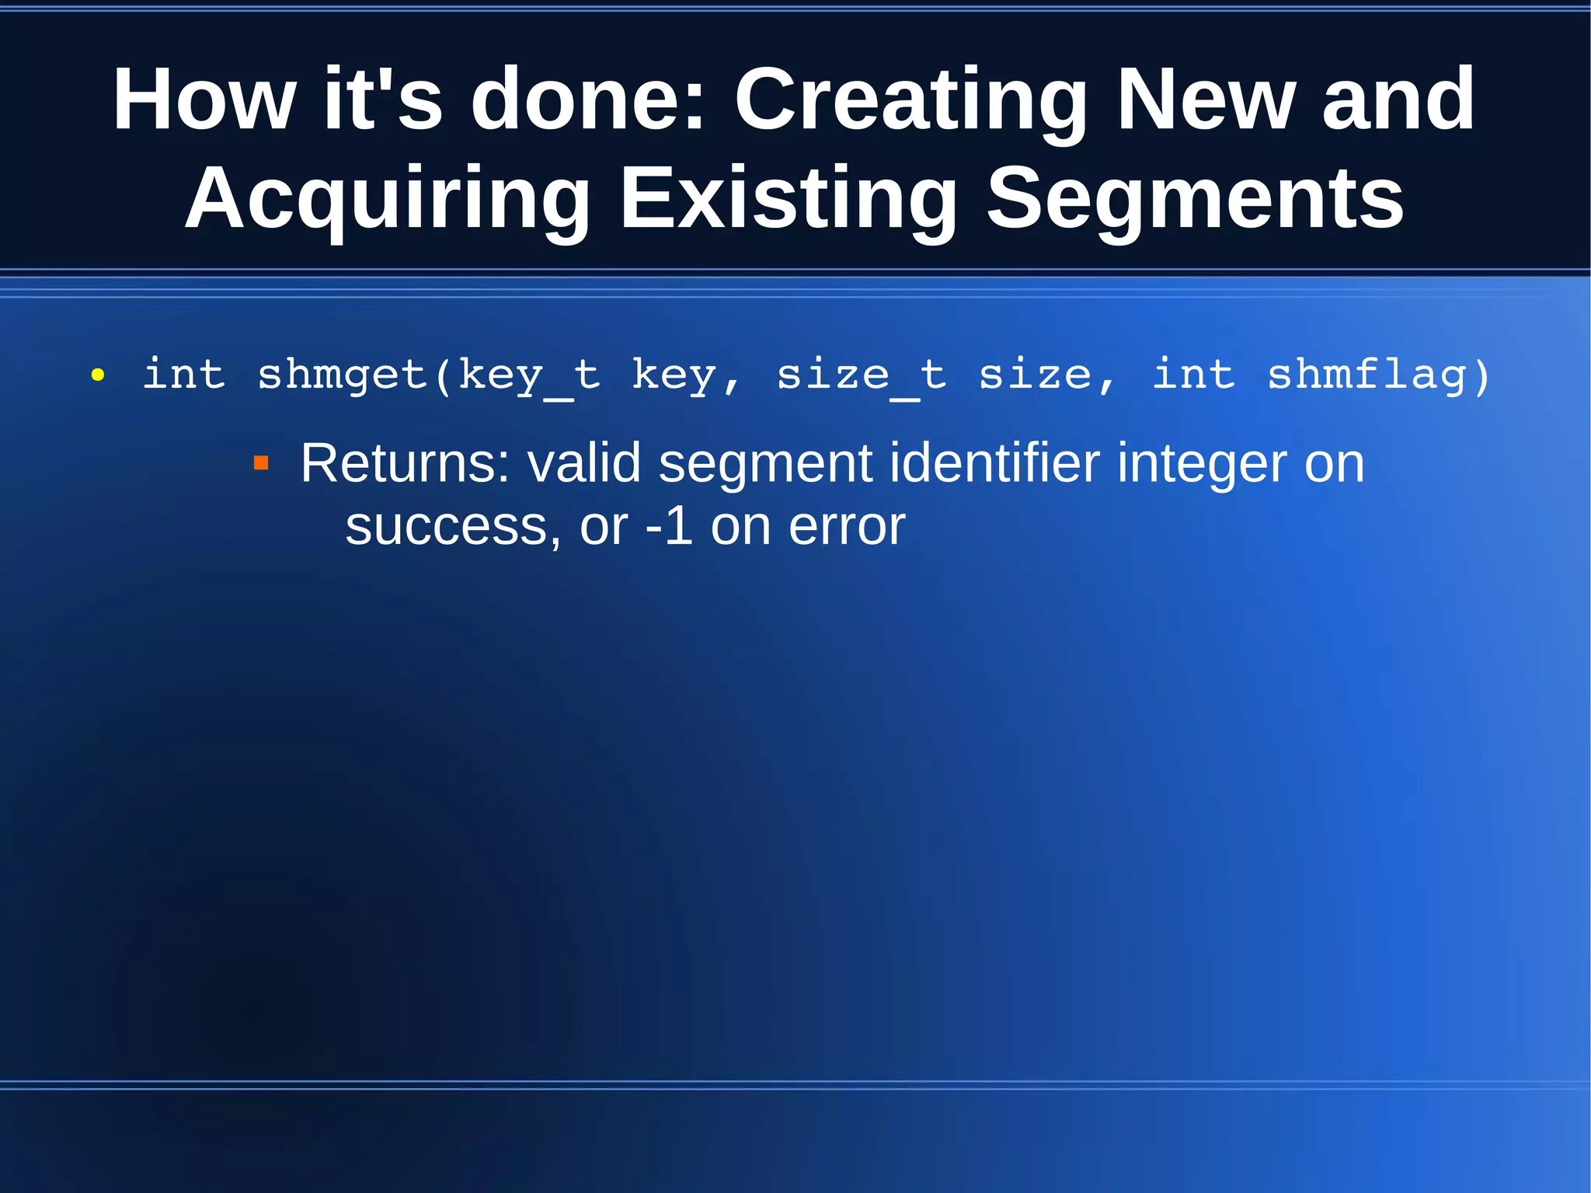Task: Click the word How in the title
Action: [x=204, y=99]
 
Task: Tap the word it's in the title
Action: [x=382, y=99]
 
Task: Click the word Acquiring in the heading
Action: [x=387, y=201]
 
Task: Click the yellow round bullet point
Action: [x=98, y=376]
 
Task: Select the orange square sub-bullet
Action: [x=261, y=464]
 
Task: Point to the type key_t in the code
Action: [x=529, y=376]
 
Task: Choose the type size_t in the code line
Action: [x=861, y=376]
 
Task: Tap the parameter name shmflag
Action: [x=1367, y=376]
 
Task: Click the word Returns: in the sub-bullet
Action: [x=405, y=463]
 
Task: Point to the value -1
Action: [x=669, y=527]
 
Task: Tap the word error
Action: [x=847, y=527]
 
